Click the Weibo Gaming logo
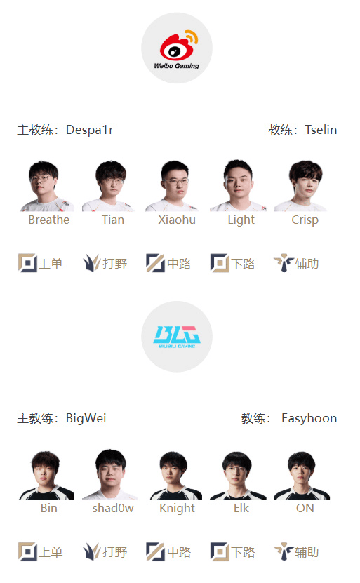coord(177,48)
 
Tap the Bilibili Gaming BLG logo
coord(177,337)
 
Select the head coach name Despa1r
coord(90,130)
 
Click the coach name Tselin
coord(321,130)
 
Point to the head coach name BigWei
coord(86,418)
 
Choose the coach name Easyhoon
coord(309,418)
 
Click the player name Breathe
coord(48,220)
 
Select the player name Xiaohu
coord(177,220)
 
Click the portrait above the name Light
coord(238,186)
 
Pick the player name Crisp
coord(305,220)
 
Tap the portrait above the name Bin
coord(46,475)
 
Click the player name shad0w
coord(113,508)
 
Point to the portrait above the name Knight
coord(175,475)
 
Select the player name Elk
coord(241,508)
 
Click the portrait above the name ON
coord(302,475)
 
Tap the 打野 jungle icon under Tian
coord(91,263)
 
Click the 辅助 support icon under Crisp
coord(284,263)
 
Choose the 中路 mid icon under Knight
coord(156,551)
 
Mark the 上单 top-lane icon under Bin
coord(27,551)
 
